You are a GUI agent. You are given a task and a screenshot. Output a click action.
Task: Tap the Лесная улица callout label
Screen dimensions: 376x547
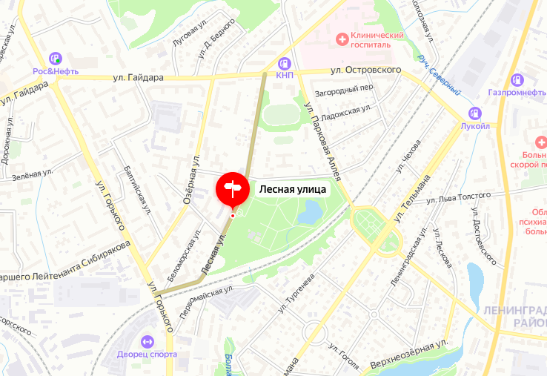pos(292,189)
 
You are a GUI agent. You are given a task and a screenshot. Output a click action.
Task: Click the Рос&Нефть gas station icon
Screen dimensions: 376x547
pos(55,58)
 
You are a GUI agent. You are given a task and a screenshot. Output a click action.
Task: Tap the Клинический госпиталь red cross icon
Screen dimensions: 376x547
pos(342,37)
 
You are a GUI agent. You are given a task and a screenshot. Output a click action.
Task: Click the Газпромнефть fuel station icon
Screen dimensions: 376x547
pos(517,79)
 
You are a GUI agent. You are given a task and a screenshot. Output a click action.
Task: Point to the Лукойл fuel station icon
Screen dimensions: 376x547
pos(474,113)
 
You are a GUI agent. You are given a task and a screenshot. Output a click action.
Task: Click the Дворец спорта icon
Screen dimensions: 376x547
pos(147,341)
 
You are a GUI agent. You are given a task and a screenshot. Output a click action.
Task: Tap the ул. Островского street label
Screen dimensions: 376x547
pos(366,70)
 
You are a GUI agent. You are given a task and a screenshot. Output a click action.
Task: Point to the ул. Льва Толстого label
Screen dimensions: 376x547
pos(460,197)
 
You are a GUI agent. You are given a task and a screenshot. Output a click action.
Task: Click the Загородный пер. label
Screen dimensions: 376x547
pos(345,87)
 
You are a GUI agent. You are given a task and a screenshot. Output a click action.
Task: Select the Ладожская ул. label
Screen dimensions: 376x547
pos(348,111)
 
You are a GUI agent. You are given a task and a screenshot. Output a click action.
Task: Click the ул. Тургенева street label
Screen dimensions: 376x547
pos(296,291)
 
